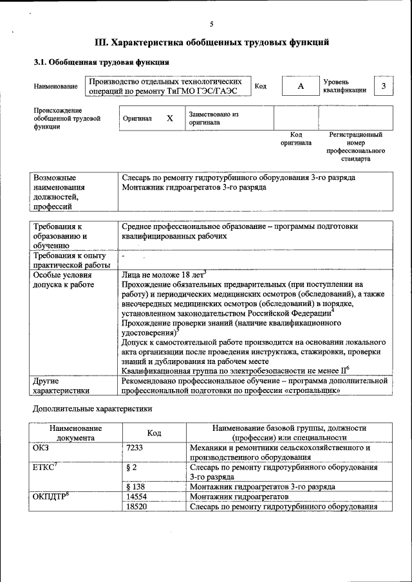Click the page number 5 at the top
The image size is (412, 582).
[211, 24]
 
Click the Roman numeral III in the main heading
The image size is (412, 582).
[102, 43]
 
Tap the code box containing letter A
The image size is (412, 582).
[300, 86]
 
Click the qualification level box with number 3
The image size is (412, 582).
[384, 86]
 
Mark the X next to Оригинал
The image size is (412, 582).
[170, 118]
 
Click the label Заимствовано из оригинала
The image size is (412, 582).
[213, 118]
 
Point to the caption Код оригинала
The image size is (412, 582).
[295, 139]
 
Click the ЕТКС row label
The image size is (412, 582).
[44, 468]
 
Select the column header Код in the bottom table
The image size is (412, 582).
[154, 433]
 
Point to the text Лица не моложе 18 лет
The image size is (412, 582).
[163, 274]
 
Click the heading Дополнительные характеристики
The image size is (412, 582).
[92, 408]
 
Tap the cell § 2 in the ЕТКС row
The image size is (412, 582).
[133, 468]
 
